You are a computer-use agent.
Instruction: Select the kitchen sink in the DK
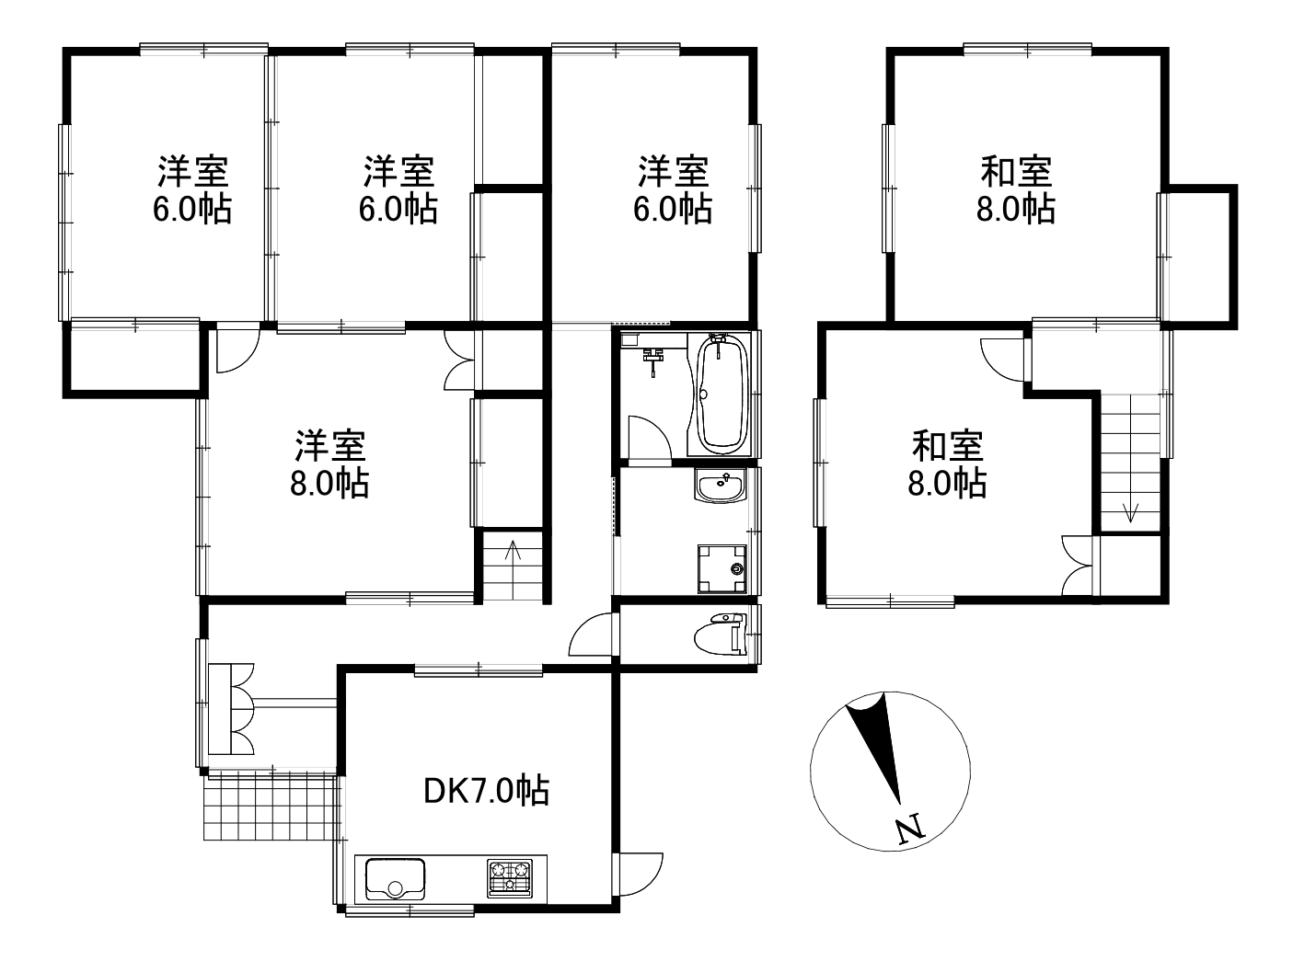tap(395, 878)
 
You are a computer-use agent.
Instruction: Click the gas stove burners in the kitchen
tap(509, 876)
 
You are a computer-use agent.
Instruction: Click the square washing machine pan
tap(722, 566)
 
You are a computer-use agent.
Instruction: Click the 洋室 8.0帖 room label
tap(329, 463)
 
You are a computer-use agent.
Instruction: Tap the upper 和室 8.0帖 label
tap(1015, 189)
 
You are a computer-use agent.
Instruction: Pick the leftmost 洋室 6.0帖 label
tap(191, 189)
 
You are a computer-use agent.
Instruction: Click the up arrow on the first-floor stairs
tap(513, 554)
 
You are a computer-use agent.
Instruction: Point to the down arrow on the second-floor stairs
tap(1131, 510)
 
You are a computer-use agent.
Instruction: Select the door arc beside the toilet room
tap(589, 634)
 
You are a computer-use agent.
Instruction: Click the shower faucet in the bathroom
tap(654, 360)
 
